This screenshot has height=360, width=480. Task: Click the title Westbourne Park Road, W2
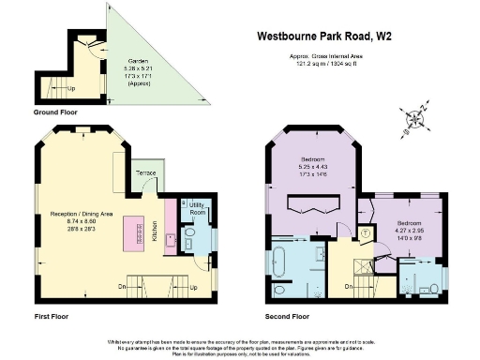point(325,37)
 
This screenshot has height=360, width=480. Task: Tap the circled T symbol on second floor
point(366,232)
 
